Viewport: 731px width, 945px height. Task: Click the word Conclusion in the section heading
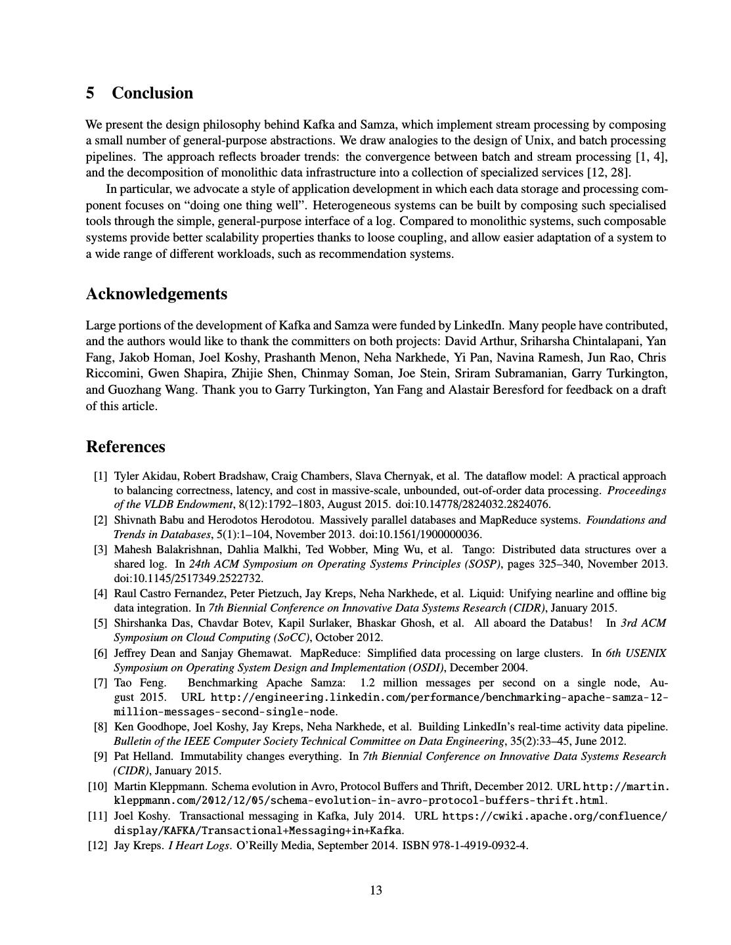152,93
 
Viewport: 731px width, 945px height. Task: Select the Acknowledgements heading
156,294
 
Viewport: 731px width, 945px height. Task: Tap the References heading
125,447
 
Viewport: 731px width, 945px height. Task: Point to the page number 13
376,891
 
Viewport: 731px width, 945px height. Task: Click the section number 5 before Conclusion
90,93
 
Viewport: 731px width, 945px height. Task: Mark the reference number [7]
100,682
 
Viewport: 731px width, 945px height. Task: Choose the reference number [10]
98,786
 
